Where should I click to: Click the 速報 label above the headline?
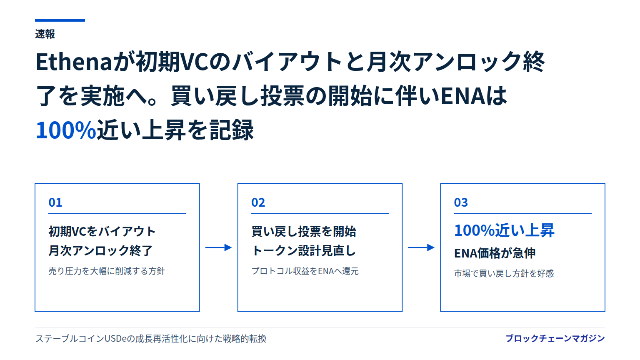click(x=45, y=34)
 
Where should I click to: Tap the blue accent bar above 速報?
click(x=60, y=20)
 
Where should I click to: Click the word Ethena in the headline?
click(x=74, y=62)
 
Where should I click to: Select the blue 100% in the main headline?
click(x=66, y=130)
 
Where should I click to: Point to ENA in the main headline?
click(x=463, y=96)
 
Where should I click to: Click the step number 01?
click(x=55, y=202)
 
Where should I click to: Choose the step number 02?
click(x=258, y=202)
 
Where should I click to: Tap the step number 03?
click(x=461, y=202)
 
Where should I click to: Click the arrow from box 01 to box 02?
click(x=218, y=247)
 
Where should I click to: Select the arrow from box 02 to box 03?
click(x=421, y=247)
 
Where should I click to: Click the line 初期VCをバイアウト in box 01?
click(x=102, y=231)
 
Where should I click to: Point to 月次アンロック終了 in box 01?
click(x=100, y=250)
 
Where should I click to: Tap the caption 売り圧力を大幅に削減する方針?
click(x=107, y=271)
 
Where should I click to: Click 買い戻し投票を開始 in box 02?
click(x=304, y=231)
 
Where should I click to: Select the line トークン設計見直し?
click(x=303, y=250)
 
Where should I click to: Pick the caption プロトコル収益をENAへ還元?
click(x=305, y=271)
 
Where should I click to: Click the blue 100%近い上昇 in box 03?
click(x=504, y=230)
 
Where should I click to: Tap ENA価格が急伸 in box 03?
click(x=495, y=253)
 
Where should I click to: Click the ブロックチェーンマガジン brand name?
click(x=555, y=338)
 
